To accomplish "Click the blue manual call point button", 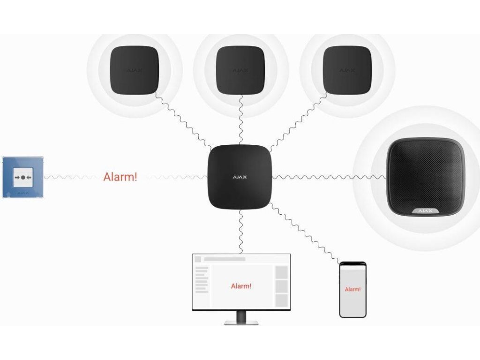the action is point(23,177).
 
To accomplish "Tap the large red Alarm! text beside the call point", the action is point(120,177).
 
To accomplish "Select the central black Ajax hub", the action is point(240,177).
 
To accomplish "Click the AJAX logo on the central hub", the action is point(240,178).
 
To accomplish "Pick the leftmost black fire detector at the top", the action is point(134,69).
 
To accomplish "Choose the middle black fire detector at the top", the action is point(240,69).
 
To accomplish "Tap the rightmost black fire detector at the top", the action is point(347,69).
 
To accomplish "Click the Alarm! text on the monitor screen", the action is point(241,286).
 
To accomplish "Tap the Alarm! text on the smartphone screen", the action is point(352,289).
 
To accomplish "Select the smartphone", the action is point(352,289).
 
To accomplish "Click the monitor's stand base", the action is point(241,322).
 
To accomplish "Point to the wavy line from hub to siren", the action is point(328,177).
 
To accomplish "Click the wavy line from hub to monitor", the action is point(240,232).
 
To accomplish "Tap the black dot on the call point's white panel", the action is point(23,178).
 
